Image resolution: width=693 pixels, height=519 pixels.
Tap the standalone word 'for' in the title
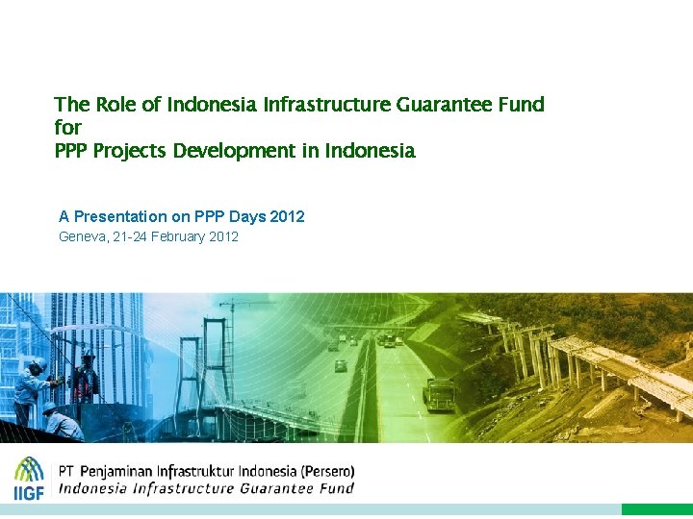[67, 128]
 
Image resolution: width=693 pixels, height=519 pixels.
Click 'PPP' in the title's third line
[71, 151]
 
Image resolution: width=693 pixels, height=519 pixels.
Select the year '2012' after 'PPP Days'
[287, 216]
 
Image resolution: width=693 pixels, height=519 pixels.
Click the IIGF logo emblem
[29, 469]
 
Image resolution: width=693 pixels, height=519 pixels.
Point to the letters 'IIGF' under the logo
[29, 492]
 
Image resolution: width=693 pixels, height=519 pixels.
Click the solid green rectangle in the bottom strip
[656, 509]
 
